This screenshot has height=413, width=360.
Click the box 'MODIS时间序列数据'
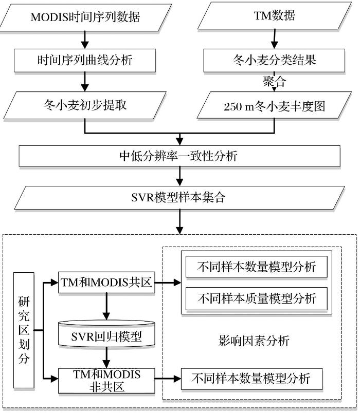coord(85,16)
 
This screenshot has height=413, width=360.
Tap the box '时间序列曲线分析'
coord(85,60)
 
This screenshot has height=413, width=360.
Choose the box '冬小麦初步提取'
coord(85,106)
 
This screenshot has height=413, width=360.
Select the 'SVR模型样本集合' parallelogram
coord(179,197)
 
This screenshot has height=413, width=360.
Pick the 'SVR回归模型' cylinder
coord(106,337)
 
